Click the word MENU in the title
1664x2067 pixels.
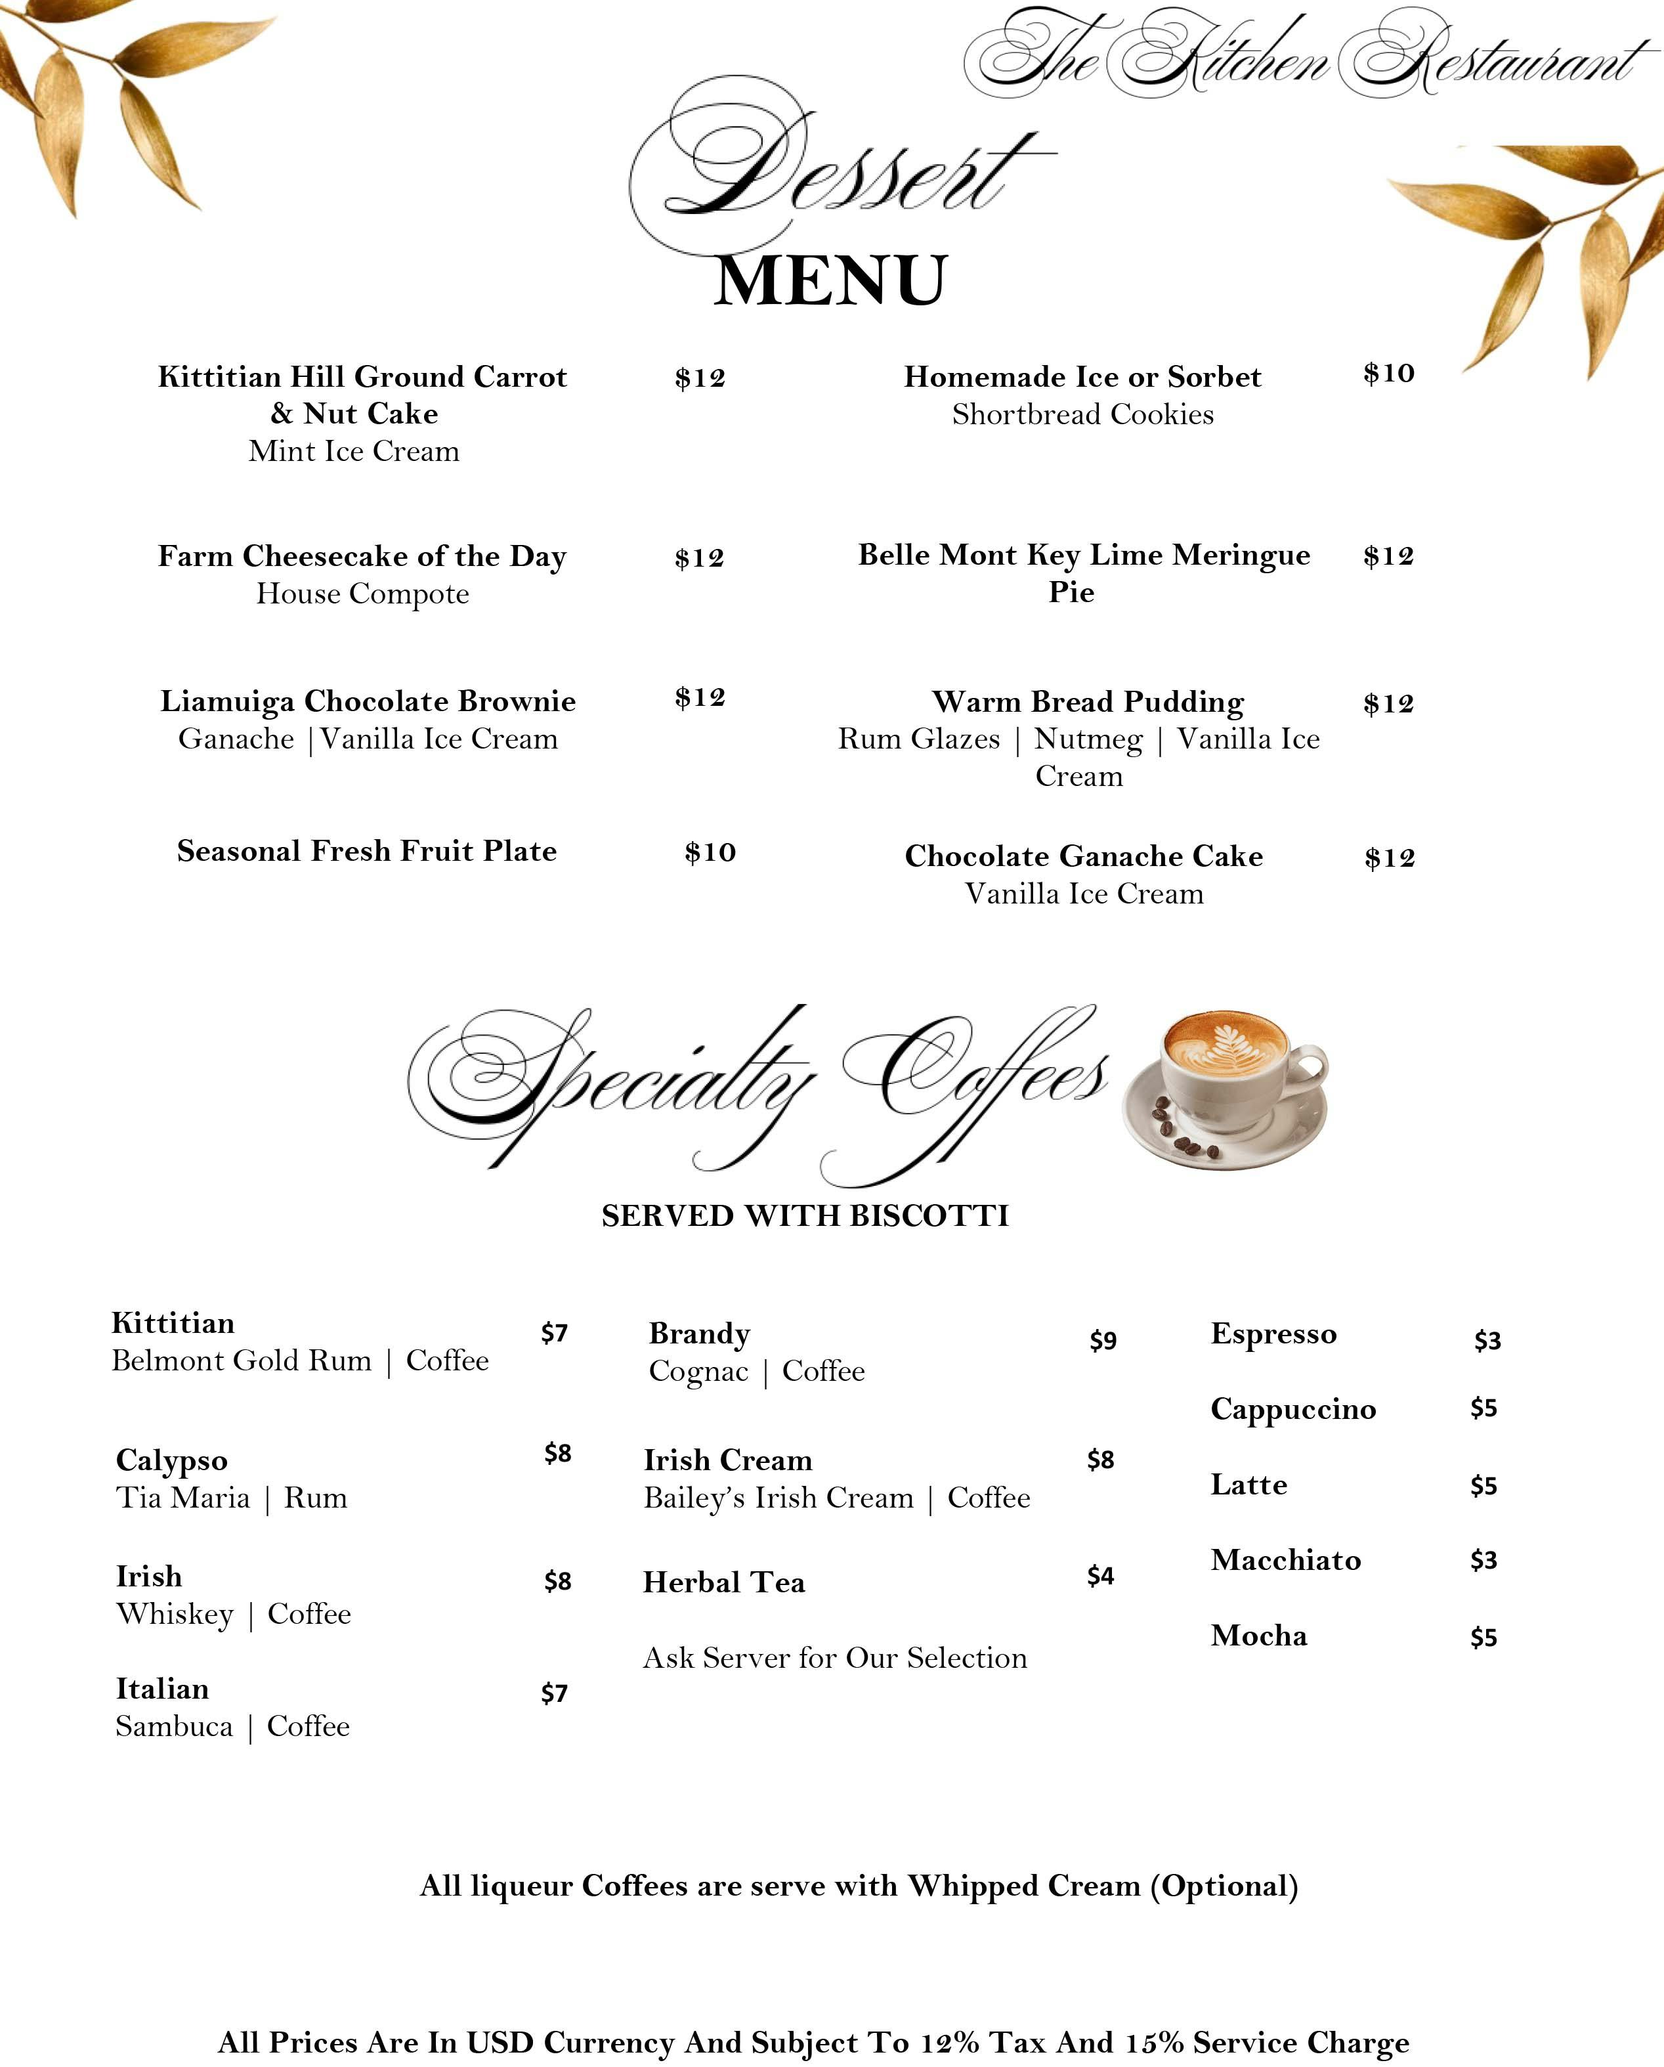[x=830, y=281]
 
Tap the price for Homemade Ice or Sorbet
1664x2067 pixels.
[x=1388, y=373]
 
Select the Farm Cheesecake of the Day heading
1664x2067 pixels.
[x=362, y=556]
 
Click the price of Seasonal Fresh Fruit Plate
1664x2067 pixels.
[x=710, y=852]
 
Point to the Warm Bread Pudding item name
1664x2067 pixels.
[x=1088, y=702]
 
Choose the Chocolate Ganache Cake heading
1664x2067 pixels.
[x=1083, y=856]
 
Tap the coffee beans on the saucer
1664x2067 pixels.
[x=1184, y=1131]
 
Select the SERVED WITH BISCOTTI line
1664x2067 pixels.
[x=805, y=1215]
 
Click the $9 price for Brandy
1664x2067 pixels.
[x=1102, y=1340]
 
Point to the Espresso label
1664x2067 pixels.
[x=1273, y=1334]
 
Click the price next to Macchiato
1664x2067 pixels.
[x=1483, y=1561]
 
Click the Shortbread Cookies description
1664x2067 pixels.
[x=1082, y=414]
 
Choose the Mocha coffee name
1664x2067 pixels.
[x=1258, y=1636]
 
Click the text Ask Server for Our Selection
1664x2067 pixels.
[x=834, y=1658]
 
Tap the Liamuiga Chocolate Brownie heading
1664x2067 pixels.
[x=368, y=701]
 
